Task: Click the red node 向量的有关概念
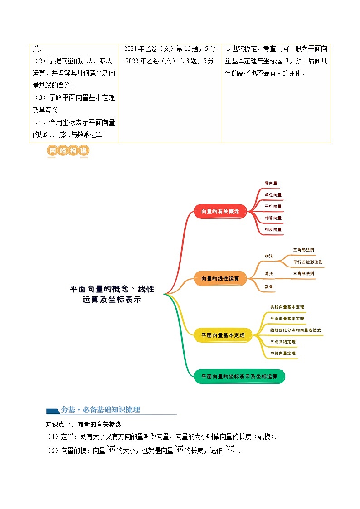pos(220,211)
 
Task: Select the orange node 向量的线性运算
pos(220,278)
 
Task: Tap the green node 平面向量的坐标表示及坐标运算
pos(239,376)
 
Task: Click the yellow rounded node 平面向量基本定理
pos(223,335)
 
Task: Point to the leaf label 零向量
pos(271,183)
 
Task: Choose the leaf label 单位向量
pos(273,195)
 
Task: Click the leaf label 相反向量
pos(273,230)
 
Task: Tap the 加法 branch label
pos(269,256)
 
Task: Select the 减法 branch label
pos(269,274)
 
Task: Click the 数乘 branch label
pos(269,286)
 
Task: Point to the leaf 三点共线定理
pos(282,342)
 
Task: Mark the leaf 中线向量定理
pos(283,353)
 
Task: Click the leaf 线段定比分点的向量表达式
pos(295,330)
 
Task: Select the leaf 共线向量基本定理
pos(287,307)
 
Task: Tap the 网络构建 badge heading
pos(68,151)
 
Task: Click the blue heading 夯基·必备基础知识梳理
pos(100,410)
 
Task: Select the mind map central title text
pos(112,294)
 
